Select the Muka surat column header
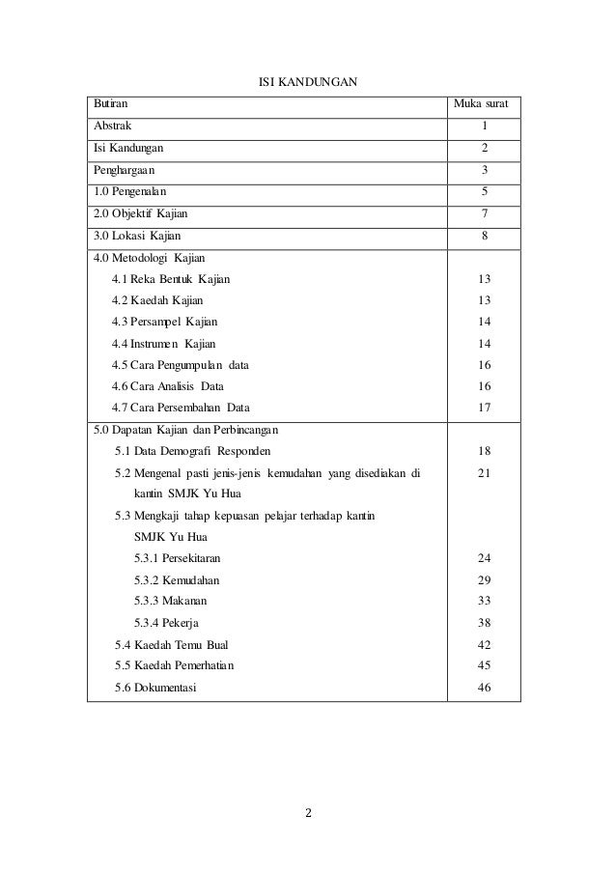click(483, 102)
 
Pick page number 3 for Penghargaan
click(484, 170)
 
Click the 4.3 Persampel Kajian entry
click(164, 322)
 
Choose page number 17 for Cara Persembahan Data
click(484, 408)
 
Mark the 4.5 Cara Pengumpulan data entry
click(180, 364)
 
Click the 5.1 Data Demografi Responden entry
click(193, 451)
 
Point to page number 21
click(484, 473)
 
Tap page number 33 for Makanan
click(484, 601)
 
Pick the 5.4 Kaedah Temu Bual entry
click(172, 644)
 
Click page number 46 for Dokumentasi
click(484, 688)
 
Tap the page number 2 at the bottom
click(308, 811)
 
